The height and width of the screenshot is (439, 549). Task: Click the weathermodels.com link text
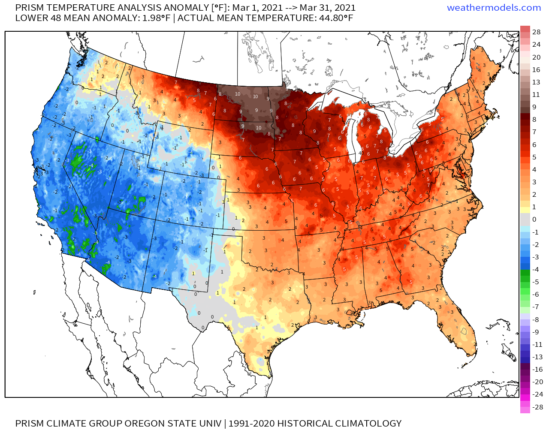[494, 8]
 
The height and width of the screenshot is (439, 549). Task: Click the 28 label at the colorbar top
[536, 32]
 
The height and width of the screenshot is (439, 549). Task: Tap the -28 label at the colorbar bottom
[537, 407]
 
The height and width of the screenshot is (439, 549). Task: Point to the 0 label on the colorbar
[534, 219]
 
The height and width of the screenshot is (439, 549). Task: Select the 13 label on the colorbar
[536, 82]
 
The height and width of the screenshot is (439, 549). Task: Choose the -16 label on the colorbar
[537, 369]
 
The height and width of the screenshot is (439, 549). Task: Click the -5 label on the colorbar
[535, 282]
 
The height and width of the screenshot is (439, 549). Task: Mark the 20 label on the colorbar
[536, 57]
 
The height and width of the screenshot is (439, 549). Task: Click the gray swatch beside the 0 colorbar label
[525, 219]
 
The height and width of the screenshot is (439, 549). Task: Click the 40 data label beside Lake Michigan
[361, 153]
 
